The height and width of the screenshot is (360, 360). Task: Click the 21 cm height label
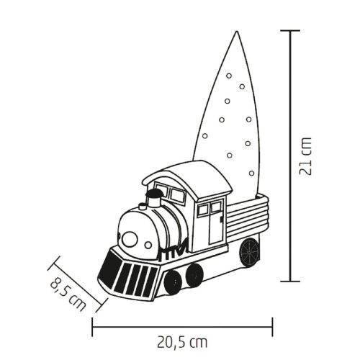[307, 156]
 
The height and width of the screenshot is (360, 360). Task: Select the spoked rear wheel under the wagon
[249, 251]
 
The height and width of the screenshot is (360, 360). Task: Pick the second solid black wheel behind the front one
[194, 274]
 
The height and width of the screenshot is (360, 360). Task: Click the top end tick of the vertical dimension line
[289, 31]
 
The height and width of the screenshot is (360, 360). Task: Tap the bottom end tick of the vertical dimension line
[289, 281]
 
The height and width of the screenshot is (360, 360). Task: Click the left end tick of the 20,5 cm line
[93, 326]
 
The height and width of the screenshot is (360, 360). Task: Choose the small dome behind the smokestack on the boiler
[142, 205]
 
